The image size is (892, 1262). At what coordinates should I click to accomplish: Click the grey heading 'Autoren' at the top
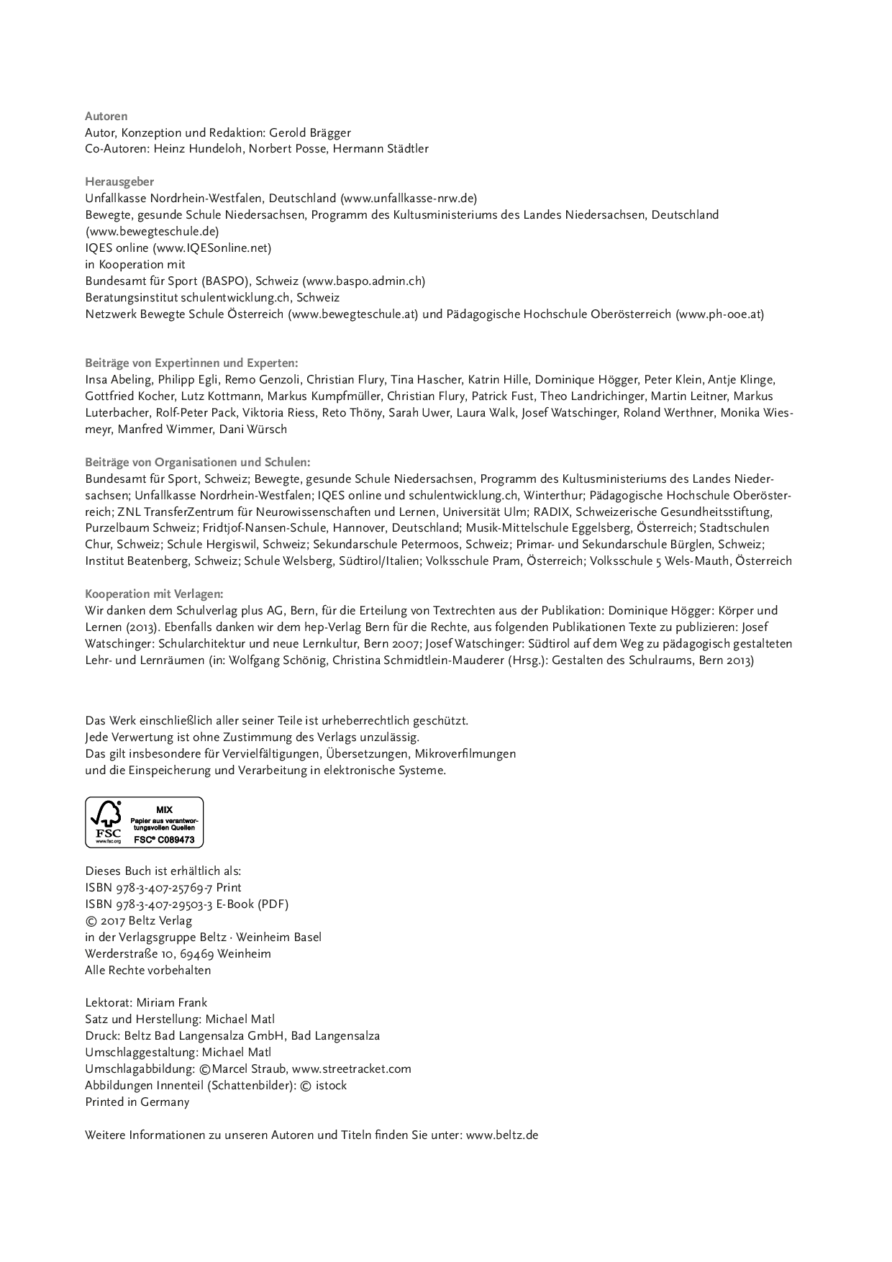(106, 116)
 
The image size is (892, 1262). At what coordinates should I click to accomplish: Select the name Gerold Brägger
(310, 132)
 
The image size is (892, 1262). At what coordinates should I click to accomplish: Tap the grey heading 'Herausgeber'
(119, 182)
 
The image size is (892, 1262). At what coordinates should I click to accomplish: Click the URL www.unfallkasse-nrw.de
(409, 199)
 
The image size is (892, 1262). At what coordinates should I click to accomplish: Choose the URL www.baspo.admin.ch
(363, 281)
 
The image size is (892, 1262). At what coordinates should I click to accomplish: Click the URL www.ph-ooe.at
(719, 314)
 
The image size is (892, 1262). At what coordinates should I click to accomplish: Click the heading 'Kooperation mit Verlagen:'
(154, 594)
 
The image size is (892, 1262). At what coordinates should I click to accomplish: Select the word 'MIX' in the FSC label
(164, 810)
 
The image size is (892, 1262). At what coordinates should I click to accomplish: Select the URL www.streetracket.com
(351, 1069)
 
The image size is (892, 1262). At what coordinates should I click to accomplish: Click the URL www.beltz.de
(502, 1135)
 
